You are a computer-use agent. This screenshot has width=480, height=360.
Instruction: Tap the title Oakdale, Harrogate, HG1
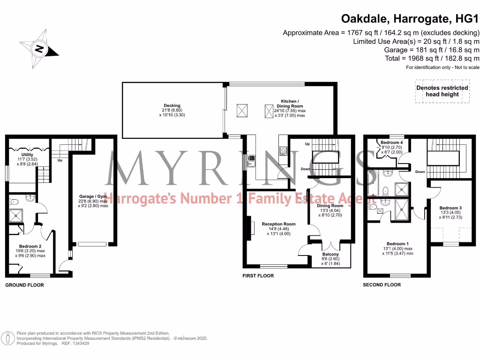click(409, 19)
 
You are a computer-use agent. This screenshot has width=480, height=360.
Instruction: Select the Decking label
click(172, 105)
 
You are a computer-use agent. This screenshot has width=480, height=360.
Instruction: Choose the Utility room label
click(27, 154)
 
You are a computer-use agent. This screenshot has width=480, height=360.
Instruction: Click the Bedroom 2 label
click(32, 246)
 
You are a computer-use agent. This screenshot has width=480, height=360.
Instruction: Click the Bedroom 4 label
click(391, 142)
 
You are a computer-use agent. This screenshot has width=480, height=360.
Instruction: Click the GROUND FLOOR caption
click(24, 285)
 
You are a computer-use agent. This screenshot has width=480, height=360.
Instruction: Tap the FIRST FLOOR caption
click(258, 276)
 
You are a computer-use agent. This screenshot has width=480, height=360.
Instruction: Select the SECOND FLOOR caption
click(382, 285)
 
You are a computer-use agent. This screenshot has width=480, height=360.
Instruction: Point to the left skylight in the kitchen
click(242, 111)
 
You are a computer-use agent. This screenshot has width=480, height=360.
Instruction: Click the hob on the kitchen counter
click(284, 150)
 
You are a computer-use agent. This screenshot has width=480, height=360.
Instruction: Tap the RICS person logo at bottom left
click(8, 337)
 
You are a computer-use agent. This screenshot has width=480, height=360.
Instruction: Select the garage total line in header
click(431, 50)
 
